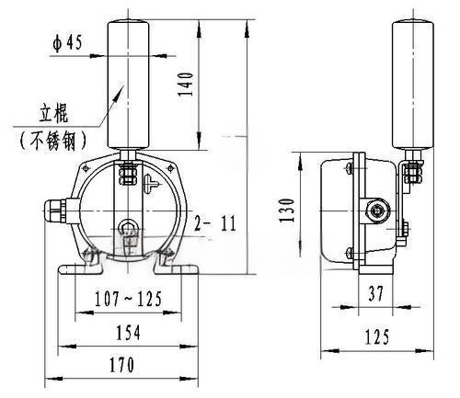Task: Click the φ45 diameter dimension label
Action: (67, 42)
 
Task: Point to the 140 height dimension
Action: (186, 85)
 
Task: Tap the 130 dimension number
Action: (287, 210)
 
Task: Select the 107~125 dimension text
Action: (128, 299)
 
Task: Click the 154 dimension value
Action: (128, 333)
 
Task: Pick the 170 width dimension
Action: (121, 365)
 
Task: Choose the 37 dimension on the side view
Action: (376, 293)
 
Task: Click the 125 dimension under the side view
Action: (377, 336)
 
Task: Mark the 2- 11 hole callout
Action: (216, 223)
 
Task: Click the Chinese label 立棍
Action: (53, 114)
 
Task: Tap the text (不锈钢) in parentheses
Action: (52, 141)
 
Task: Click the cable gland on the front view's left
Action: (55, 211)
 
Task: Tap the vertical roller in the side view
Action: (413, 85)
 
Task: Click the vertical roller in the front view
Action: (128, 85)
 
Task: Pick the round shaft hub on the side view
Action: (377, 210)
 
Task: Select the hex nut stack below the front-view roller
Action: (128, 174)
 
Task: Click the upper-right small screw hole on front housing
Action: (170, 168)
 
